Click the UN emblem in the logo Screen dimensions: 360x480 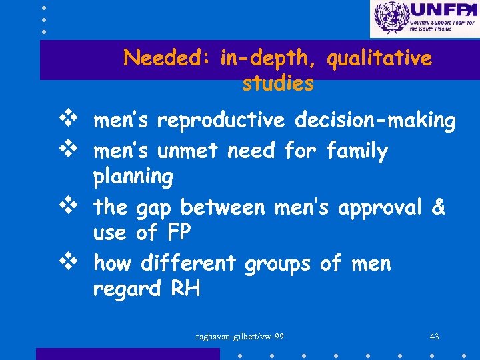(390, 18)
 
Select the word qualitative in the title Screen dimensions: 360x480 (379, 59)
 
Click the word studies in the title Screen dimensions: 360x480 (278, 84)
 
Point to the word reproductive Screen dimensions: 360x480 (221, 121)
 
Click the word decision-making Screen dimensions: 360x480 (375, 121)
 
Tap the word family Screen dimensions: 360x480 (357, 151)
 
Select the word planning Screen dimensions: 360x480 (133, 177)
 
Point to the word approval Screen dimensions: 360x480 (380, 208)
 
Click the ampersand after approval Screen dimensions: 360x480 (438, 207)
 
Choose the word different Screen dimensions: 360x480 (188, 263)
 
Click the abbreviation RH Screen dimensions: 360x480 (185, 289)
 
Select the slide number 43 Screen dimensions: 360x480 (434, 336)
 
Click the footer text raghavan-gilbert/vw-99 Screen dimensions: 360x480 (240, 336)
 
